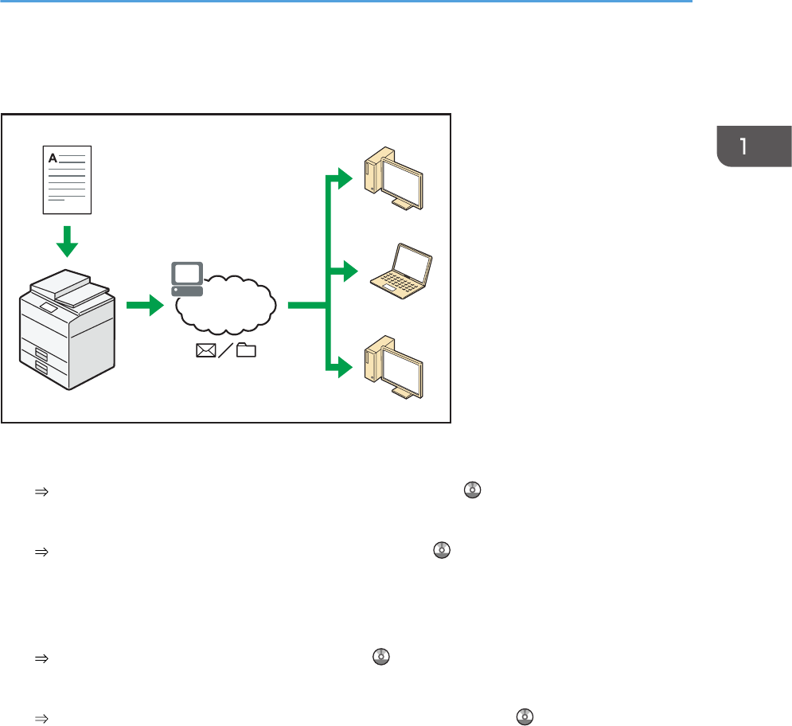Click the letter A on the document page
pyautogui.click(x=53, y=158)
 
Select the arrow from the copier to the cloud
pyautogui.click(x=150, y=304)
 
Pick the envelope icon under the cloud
pyautogui.click(x=205, y=351)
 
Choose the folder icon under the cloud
pyautogui.click(x=247, y=351)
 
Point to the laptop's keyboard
pyautogui.click(x=397, y=280)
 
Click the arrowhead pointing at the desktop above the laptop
pyautogui.click(x=344, y=178)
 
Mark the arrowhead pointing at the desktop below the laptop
pyautogui.click(x=344, y=368)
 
